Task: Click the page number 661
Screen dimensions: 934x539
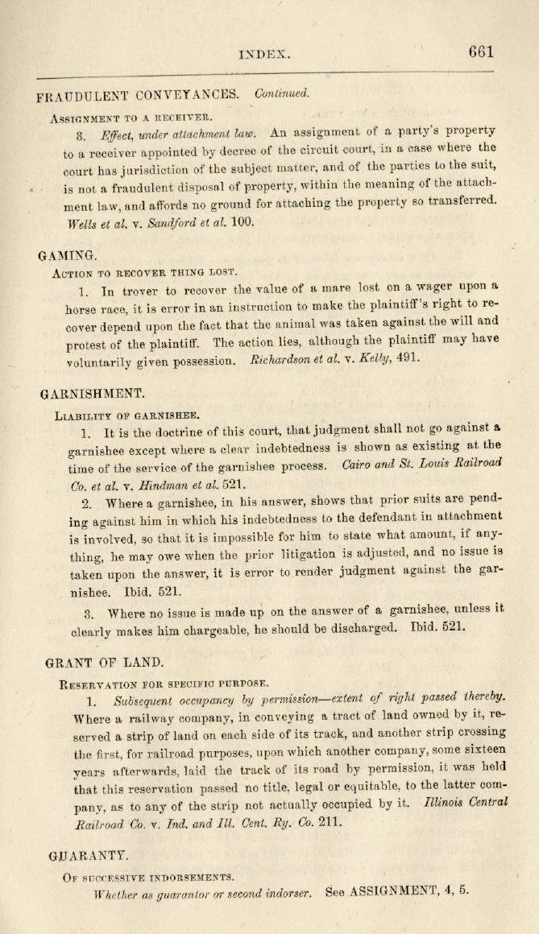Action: [x=481, y=52]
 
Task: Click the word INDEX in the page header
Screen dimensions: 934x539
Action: [x=264, y=54]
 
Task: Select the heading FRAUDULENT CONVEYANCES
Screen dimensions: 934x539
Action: [x=137, y=95]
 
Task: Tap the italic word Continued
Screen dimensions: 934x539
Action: [x=281, y=94]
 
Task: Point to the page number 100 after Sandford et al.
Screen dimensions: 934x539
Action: [x=242, y=222]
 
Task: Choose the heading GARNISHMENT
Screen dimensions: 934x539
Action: [x=92, y=395]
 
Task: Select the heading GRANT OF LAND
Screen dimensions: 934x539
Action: [x=105, y=663]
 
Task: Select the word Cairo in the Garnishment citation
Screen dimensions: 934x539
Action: [x=359, y=466]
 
